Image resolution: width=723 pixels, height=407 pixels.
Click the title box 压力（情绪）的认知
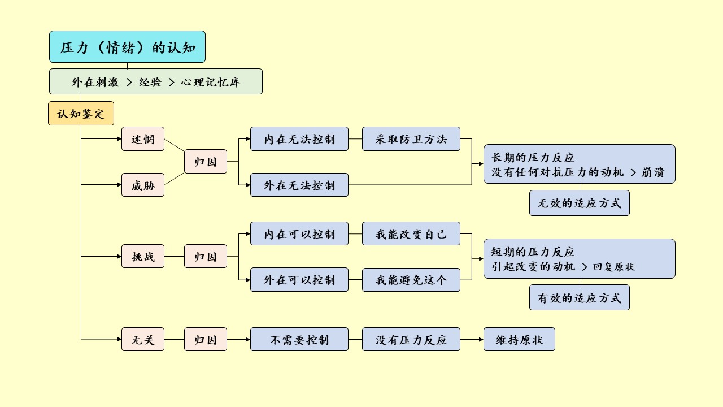tap(127, 47)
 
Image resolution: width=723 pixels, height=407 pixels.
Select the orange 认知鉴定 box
tap(81, 114)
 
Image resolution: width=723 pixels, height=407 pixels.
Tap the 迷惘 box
tap(143, 139)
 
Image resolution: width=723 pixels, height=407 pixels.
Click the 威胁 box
tap(143, 185)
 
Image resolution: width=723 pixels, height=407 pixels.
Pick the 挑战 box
tap(143, 257)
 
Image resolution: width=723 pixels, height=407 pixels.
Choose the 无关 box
tap(143, 340)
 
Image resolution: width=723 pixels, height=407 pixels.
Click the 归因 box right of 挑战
tap(206, 257)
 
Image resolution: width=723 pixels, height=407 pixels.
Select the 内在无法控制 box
tap(299, 139)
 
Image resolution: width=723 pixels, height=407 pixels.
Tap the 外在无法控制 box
tap(299, 185)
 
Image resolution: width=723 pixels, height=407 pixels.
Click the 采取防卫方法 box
tap(411, 139)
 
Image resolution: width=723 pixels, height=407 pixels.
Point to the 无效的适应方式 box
tap(580, 203)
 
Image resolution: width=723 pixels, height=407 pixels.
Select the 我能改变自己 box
tap(411, 234)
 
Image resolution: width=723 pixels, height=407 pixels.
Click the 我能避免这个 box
tap(411, 280)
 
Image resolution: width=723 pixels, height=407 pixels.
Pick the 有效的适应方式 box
tap(580, 298)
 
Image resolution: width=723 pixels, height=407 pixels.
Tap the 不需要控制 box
tap(299, 340)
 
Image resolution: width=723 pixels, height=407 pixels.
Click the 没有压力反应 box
tap(411, 340)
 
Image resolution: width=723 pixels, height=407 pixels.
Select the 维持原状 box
tap(519, 340)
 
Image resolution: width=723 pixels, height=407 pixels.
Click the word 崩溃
tap(652, 172)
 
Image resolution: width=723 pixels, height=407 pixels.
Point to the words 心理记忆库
tap(211, 82)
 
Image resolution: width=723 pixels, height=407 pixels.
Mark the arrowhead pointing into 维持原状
tap(481, 340)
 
